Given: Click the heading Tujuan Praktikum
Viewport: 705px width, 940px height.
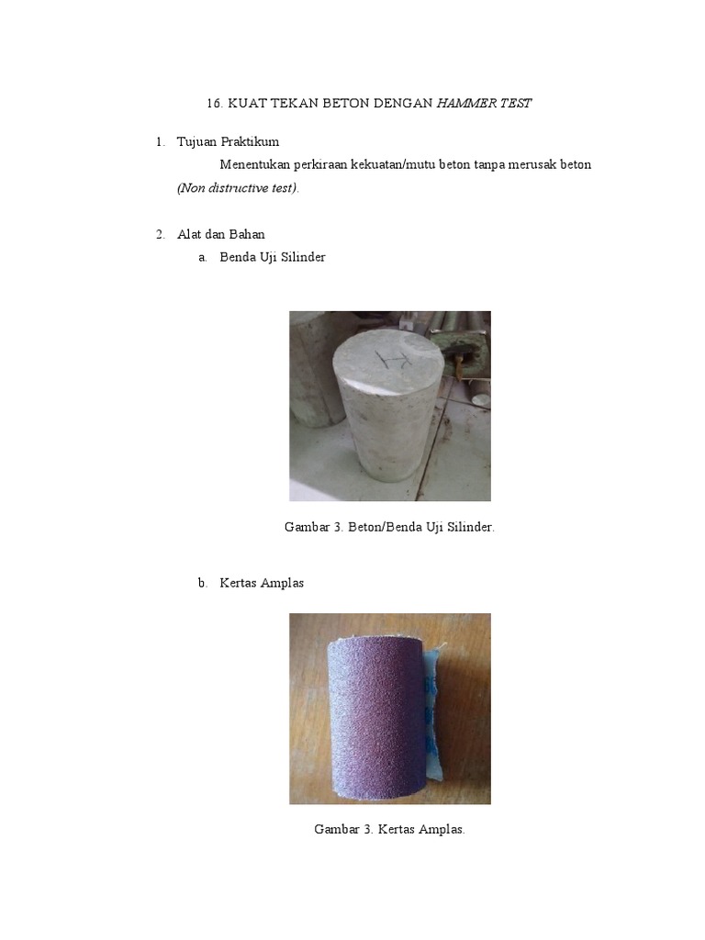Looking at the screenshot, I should [228, 142].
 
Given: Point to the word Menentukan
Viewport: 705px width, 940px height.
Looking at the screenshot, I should [253, 165].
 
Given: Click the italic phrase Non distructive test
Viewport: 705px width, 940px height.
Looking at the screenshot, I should [238, 188].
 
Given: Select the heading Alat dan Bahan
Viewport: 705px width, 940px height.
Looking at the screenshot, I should [220, 235].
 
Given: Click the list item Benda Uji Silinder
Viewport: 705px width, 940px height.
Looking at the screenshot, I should [273, 258].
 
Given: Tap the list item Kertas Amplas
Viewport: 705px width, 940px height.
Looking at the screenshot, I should [262, 584].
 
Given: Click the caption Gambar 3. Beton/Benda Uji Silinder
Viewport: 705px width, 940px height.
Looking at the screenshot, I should [390, 528].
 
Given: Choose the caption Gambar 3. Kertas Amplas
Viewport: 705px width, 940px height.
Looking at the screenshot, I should [390, 830].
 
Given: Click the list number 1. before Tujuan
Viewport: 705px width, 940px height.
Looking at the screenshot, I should [161, 142].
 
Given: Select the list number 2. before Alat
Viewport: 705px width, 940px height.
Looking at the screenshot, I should [161, 235].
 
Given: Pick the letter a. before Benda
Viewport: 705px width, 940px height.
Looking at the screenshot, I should [203, 258].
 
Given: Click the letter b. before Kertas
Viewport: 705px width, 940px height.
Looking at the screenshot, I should [203, 584].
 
